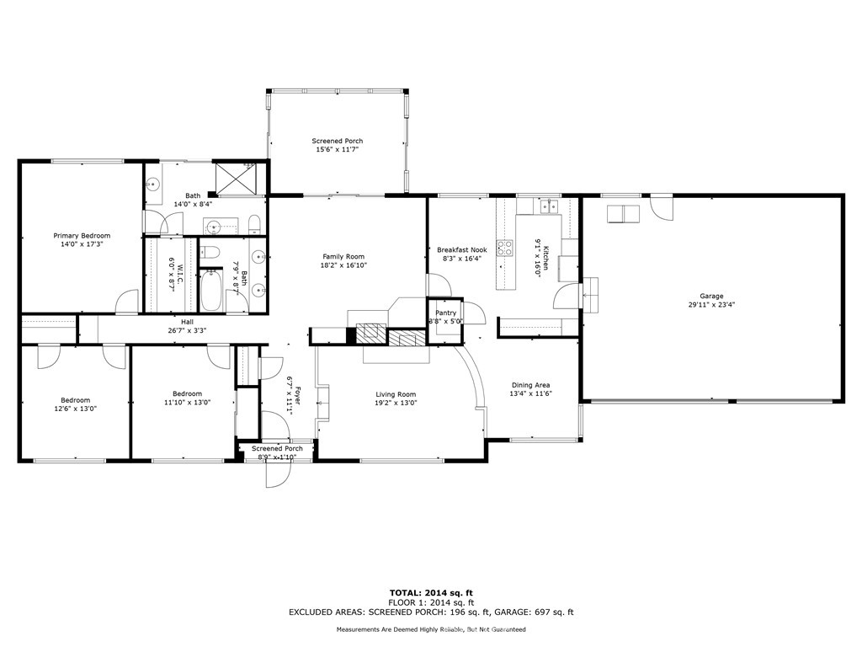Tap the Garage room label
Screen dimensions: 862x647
click(x=711, y=296)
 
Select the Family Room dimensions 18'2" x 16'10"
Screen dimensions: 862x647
click(x=343, y=265)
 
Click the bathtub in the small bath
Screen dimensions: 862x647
click(x=210, y=290)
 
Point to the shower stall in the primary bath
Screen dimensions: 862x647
click(x=233, y=179)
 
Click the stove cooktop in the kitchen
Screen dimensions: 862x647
click(x=505, y=249)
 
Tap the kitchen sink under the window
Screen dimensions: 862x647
click(x=548, y=206)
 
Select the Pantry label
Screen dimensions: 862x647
click(x=446, y=313)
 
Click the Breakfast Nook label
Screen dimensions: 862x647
click(x=462, y=249)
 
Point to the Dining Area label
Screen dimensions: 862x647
click(x=530, y=385)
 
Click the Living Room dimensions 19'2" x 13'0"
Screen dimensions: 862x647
click(x=396, y=403)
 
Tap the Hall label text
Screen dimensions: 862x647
click(x=188, y=322)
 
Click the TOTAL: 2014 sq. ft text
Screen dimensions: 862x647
click(x=431, y=592)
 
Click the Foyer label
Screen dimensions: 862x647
click(x=297, y=396)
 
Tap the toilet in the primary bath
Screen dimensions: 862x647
click(x=254, y=224)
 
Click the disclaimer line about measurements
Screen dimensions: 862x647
click(x=431, y=628)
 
